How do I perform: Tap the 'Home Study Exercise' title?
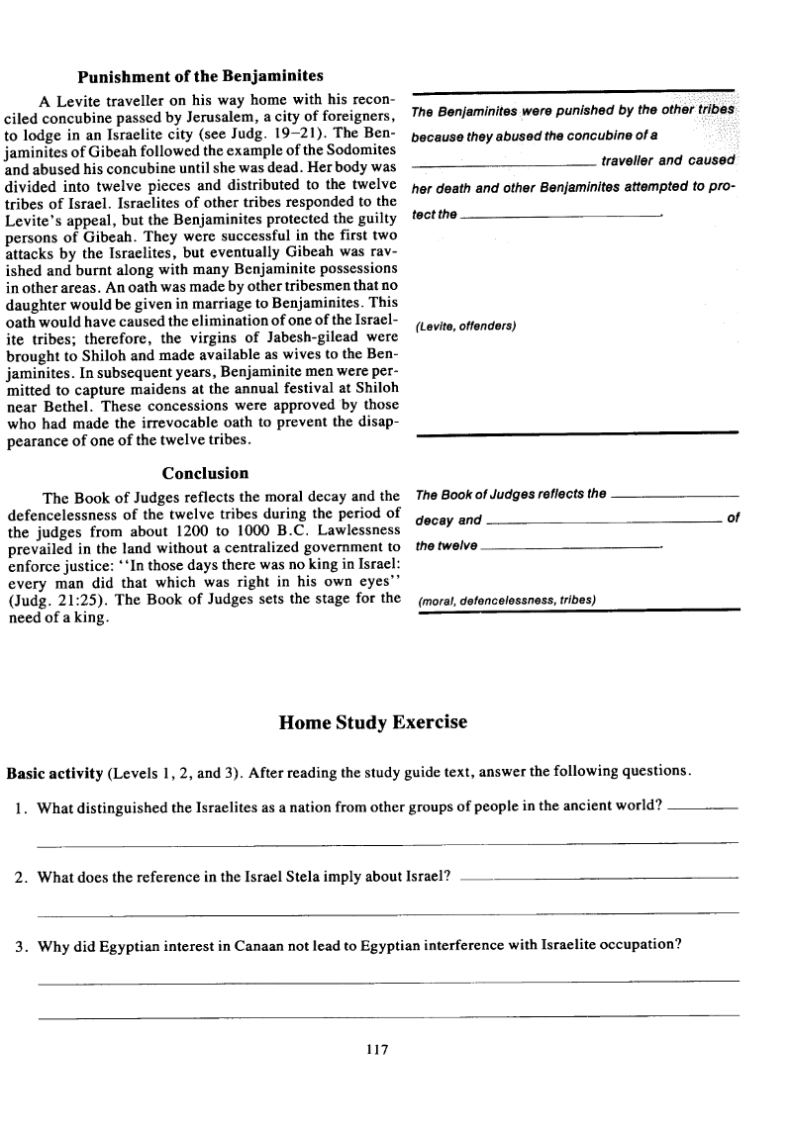(x=374, y=722)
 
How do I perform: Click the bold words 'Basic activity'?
(x=53, y=772)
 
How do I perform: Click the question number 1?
(x=20, y=807)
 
